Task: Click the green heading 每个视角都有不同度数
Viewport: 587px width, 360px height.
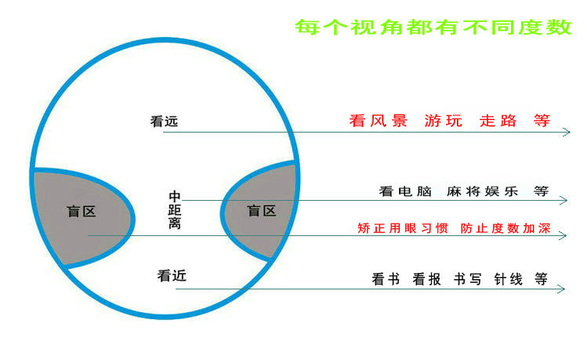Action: point(433,27)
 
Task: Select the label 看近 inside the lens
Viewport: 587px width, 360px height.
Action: point(172,276)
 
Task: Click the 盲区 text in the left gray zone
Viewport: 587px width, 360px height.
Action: point(82,211)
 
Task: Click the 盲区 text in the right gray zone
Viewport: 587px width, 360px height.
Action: point(262,211)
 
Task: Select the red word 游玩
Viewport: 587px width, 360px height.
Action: point(444,122)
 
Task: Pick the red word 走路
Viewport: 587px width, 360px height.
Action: point(498,122)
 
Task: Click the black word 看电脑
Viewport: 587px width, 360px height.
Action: point(398,191)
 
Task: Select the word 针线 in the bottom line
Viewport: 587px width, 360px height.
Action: point(508,279)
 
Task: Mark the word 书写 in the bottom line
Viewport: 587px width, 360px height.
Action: point(467,279)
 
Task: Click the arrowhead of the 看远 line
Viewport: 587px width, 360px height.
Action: point(567,133)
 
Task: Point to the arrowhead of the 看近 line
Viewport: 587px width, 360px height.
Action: point(561,289)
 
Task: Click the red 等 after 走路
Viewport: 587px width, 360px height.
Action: point(542,122)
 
